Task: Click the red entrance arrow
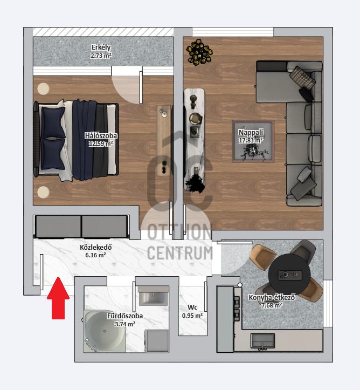[x=58, y=298]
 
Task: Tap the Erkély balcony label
[x=101, y=47]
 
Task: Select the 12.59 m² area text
[x=101, y=143]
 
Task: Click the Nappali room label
[x=251, y=132]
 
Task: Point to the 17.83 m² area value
[x=251, y=140]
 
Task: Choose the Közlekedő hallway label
[x=95, y=247]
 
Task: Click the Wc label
[x=192, y=307]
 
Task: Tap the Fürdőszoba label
[x=125, y=316]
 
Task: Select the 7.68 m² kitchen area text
[x=272, y=305]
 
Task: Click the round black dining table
[x=289, y=275]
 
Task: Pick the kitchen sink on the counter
[x=262, y=341]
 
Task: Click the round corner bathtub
[x=105, y=331]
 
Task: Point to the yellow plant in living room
[x=199, y=52]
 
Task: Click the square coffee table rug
[x=253, y=141]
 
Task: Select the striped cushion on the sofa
[x=302, y=77]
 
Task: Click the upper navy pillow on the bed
[x=53, y=122]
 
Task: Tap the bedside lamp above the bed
[x=44, y=88]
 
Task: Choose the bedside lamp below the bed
[x=44, y=192]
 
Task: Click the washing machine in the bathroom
[x=156, y=341]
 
